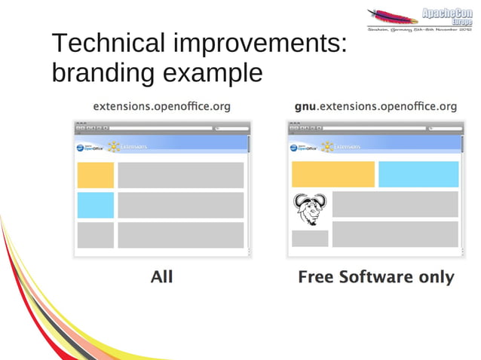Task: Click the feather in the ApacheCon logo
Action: (x=391, y=15)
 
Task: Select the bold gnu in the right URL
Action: (x=305, y=106)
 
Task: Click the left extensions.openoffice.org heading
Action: (x=161, y=106)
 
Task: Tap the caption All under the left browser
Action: (x=161, y=276)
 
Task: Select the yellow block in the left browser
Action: (x=95, y=175)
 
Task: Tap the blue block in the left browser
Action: (x=95, y=205)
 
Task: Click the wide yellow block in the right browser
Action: (x=332, y=174)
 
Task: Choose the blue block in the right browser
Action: (x=418, y=174)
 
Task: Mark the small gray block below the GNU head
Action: (x=310, y=239)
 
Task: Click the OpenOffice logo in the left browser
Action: (x=90, y=147)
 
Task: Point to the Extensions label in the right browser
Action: (x=347, y=147)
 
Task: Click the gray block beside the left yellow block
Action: (x=180, y=175)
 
